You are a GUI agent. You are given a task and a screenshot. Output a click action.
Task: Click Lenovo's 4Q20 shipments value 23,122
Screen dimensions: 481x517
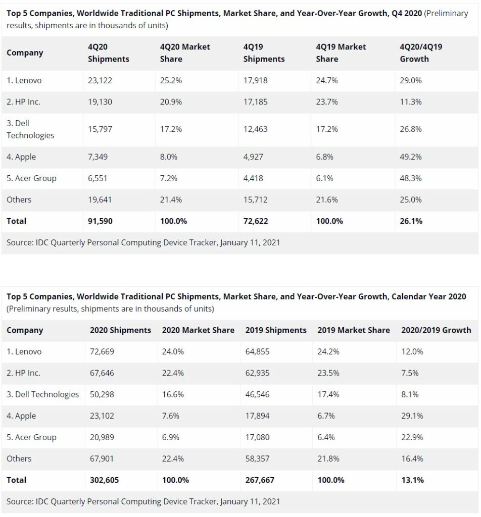coord(100,80)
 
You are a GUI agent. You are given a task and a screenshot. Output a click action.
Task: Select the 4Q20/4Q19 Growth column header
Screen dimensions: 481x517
coord(421,53)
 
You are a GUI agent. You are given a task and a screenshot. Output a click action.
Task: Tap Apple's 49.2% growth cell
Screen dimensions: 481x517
coord(410,157)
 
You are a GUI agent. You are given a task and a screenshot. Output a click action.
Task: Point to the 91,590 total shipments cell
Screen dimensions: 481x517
coord(100,221)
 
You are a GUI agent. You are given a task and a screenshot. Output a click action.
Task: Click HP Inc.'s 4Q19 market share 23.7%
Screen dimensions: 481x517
coord(326,102)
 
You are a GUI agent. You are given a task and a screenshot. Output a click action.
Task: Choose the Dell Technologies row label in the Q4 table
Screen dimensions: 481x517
coord(30,129)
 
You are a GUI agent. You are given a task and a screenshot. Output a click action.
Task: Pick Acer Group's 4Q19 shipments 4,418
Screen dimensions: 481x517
coord(253,178)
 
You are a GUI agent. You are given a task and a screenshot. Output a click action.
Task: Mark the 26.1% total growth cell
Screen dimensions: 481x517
coord(411,221)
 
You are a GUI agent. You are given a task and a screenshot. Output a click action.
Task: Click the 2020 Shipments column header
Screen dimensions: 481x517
coord(120,330)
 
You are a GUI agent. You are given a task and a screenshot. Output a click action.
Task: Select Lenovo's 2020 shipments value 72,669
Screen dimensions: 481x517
coord(102,352)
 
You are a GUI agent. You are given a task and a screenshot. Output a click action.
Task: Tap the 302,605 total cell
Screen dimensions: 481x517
coord(104,481)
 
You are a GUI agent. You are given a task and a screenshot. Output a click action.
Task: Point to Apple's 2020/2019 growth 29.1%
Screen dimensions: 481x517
coord(412,416)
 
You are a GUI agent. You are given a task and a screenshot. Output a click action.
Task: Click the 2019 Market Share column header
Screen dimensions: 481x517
coord(354,330)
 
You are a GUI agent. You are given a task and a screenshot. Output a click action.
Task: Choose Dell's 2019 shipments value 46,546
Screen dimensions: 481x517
coord(257,395)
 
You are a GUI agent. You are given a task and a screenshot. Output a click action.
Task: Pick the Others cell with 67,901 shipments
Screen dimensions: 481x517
coord(102,459)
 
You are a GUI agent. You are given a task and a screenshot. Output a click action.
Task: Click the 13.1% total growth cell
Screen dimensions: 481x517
coord(412,481)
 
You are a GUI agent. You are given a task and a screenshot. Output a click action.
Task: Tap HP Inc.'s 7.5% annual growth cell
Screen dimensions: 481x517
coord(410,373)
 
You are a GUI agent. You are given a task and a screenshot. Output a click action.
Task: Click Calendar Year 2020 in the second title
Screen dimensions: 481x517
coord(428,297)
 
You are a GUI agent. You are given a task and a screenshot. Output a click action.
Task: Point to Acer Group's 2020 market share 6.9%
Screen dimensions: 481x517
coord(171,438)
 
